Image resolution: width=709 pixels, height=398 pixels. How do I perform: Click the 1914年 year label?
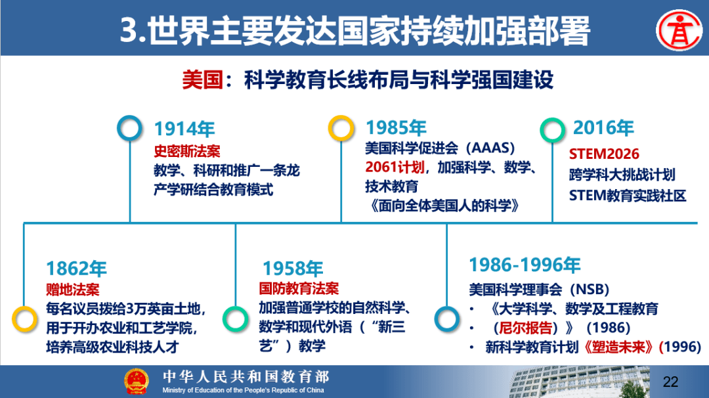[184, 129]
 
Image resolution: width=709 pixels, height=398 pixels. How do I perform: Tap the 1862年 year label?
[76, 269]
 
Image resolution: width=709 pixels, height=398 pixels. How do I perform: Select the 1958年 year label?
[293, 269]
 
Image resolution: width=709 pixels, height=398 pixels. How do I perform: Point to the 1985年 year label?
[396, 128]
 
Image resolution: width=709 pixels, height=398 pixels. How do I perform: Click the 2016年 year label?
[604, 128]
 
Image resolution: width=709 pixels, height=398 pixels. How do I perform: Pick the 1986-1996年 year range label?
[525, 265]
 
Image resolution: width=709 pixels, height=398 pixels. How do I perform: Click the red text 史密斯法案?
[186, 151]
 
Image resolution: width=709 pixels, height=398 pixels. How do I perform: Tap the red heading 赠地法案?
[73, 290]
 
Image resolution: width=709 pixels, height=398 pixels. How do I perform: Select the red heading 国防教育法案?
[299, 288]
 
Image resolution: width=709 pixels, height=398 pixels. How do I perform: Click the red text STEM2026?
[604, 154]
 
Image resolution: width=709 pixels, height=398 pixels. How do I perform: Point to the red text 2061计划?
[395, 167]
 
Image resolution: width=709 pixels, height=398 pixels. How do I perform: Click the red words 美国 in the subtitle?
[202, 80]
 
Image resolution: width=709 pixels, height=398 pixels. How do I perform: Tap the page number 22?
[670, 382]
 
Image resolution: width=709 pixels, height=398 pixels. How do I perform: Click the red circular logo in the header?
[679, 30]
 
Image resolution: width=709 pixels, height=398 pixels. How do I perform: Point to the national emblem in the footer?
[137, 382]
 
